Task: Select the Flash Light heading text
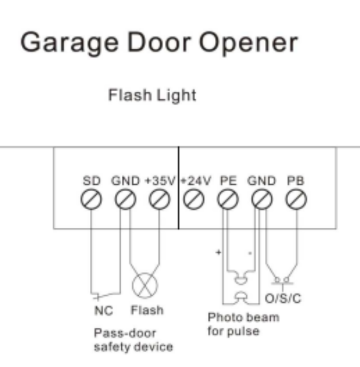coord(152,95)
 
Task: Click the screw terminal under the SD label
coord(91,200)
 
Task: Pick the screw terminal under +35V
coord(160,200)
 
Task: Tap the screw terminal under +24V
coord(194,200)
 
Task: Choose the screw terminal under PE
coord(228,200)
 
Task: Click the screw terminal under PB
coord(296,200)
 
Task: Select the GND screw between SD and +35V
coord(126,200)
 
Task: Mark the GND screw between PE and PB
coord(262,200)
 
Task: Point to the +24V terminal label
coord(196,181)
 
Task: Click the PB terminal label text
coord(296,181)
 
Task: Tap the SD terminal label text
coord(92,181)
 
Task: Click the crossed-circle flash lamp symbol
coord(145,286)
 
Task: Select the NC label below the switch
coord(104,311)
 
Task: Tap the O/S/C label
coord(283,298)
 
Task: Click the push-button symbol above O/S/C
coord(282,281)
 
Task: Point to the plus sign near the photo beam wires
coord(218,252)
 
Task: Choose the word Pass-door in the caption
coord(124,333)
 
